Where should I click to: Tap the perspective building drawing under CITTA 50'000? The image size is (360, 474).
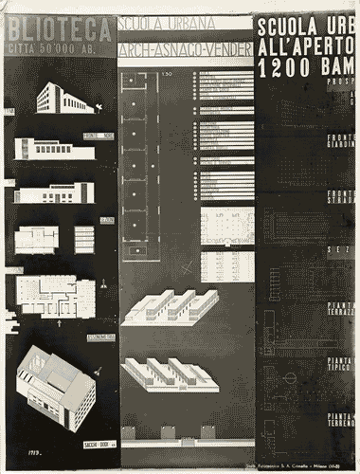(x=63, y=98)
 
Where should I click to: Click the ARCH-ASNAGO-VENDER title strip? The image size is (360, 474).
(x=186, y=46)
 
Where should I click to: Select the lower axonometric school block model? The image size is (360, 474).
(x=170, y=374)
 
